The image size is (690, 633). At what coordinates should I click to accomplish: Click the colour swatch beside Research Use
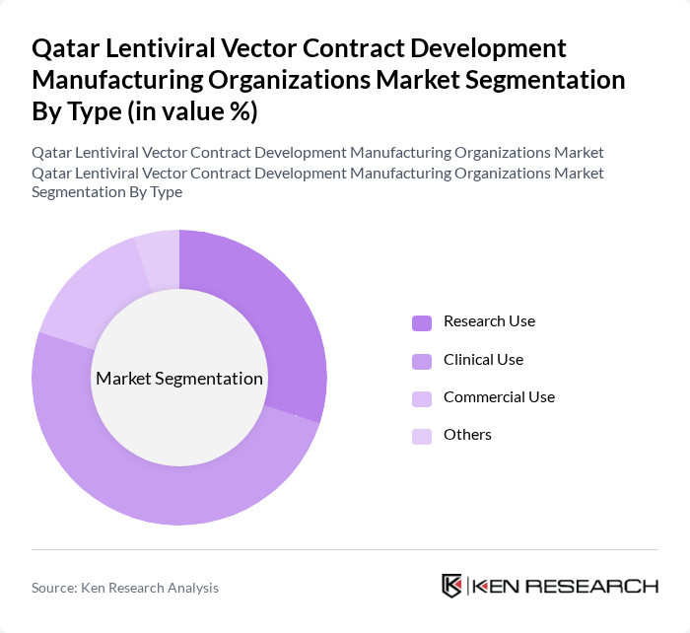pos(421,322)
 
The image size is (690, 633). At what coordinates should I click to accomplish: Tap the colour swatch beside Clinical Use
pos(421,361)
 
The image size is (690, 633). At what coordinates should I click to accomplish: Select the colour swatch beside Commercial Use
pos(421,398)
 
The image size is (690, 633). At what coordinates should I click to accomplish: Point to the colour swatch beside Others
pos(421,436)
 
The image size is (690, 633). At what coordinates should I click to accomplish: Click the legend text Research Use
pos(489,321)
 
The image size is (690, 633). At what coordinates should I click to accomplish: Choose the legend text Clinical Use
pos(483,360)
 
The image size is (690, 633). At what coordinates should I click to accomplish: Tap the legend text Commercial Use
pos(499,397)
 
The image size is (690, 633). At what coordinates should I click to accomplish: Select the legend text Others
pos(467,435)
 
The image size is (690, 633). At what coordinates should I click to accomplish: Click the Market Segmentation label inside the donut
pos(179,379)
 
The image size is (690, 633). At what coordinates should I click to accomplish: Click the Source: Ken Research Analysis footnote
pos(125,588)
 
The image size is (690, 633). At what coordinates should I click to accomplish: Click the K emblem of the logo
pos(452,586)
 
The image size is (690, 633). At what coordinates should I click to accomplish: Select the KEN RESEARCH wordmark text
pos(566,586)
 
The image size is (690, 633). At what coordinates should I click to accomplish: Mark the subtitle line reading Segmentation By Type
pos(106,192)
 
